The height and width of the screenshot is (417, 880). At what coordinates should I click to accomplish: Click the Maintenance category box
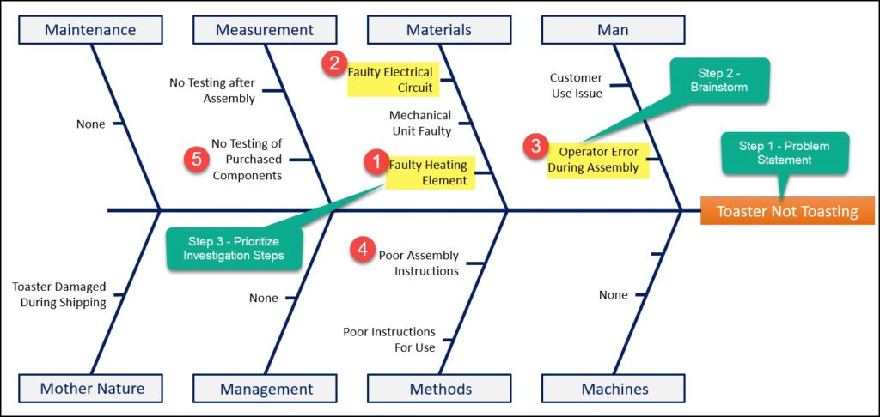pyautogui.click(x=90, y=30)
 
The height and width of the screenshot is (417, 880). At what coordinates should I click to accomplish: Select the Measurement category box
pyautogui.click(x=265, y=30)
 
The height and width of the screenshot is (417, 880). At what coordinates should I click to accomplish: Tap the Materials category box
pyautogui.click(x=439, y=30)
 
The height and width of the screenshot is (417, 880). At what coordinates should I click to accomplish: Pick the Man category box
pyautogui.click(x=613, y=30)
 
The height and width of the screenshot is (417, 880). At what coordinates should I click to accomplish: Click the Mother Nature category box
pyautogui.click(x=92, y=389)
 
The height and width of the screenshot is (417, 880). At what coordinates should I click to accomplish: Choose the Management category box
pyautogui.click(x=266, y=389)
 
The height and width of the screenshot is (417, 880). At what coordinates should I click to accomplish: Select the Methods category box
pyautogui.click(x=440, y=389)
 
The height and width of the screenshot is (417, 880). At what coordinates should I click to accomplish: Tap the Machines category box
pyautogui.click(x=614, y=389)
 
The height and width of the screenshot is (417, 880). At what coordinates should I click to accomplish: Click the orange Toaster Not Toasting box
pyautogui.click(x=787, y=211)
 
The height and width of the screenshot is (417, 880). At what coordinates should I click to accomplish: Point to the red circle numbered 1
pyautogui.click(x=375, y=162)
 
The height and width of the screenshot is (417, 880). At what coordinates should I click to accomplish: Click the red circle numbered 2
pyautogui.click(x=333, y=63)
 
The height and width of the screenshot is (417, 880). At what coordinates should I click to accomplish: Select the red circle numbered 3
pyautogui.click(x=535, y=146)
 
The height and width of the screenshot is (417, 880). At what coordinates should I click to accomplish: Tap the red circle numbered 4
pyautogui.click(x=364, y=250)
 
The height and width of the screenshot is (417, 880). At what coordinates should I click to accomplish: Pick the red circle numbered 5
pyautogui.click(x=197, y=159)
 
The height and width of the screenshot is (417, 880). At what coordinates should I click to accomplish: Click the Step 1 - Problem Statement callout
pyautogui.click(x=784, y=154)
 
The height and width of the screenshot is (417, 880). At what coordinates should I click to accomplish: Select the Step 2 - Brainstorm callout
pyautogui.click(x=720, y=80)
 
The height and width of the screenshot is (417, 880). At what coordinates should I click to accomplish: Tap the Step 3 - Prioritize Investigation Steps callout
pyautogui.click(x=234, y=248)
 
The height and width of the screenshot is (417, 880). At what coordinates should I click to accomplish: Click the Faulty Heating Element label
pyautogui.click(x=429, y=172)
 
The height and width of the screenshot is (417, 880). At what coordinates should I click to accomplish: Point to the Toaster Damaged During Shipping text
pyautogui.click(x=59, y=294)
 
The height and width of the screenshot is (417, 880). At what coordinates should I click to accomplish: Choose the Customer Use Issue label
pyautogui.click(x=576, y=85)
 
